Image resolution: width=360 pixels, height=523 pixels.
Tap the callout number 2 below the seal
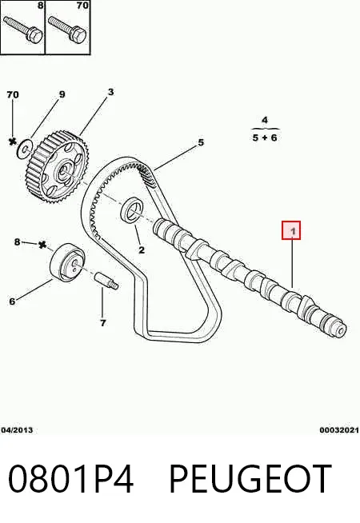[142, 250]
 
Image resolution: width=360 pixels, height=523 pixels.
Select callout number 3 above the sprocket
[110, 92]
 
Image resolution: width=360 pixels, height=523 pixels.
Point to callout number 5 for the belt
[201, 143]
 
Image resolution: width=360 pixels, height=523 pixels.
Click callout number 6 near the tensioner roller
[12, 301]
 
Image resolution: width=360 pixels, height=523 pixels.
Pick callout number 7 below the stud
[102, 323]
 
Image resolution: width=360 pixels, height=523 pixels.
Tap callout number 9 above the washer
[62, 94]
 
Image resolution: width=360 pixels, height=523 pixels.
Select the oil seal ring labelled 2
[132, 210]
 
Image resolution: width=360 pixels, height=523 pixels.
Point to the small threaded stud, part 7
[106, 281]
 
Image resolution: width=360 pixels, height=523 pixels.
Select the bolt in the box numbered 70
[68, 29]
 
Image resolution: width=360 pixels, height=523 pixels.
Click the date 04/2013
[17, 430]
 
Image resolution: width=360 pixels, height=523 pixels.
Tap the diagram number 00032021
[339, 430]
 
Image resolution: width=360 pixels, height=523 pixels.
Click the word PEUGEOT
[250, 479]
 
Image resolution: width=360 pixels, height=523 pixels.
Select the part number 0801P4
[70, 479]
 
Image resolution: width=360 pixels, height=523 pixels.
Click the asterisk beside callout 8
[42, 245]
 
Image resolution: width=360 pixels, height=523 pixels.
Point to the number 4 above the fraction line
[265, 120]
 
